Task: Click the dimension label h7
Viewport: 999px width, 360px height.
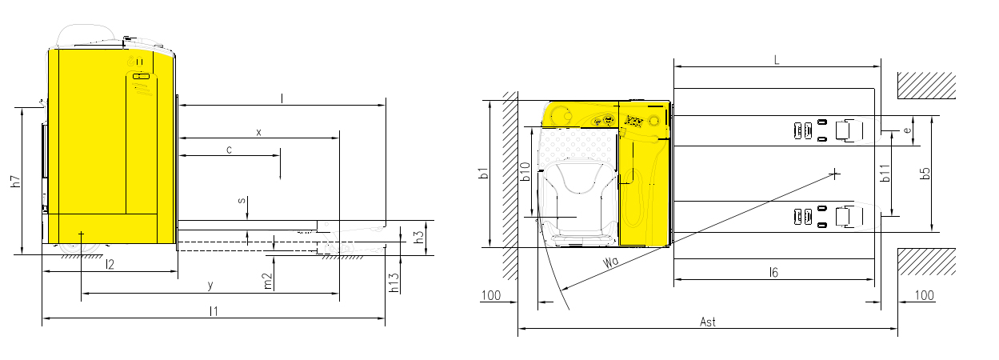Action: (x=16, y=182)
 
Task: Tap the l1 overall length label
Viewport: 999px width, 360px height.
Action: (x=214, y=311)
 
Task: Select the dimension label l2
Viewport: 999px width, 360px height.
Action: (x=110, y=265)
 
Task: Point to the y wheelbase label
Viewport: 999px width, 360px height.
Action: (x=210, y=286)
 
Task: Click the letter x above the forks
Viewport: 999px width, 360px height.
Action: (x=258, y=132)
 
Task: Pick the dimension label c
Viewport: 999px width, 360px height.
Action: (x=230, y=150)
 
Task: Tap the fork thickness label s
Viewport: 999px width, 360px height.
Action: (x=242, y=200)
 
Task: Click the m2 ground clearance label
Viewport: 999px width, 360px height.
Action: (x=267, y=281)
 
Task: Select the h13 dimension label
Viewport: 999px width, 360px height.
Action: (x=394, y=282)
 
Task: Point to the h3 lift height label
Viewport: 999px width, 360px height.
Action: (x=419, y=237)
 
